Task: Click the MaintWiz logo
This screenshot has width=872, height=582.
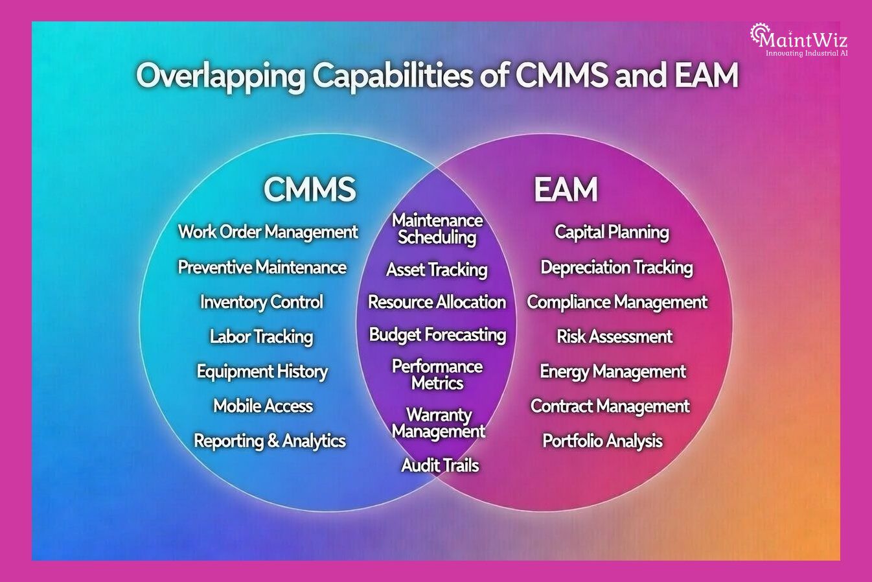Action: click(799, 40)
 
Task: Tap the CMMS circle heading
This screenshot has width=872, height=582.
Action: click(309, 189)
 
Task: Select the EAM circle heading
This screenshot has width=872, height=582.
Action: click(566, 189)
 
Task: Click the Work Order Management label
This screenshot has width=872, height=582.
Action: click(268, 232)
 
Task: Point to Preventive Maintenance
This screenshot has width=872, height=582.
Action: click(262, 267)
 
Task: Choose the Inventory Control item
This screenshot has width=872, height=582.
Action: click(261, 302)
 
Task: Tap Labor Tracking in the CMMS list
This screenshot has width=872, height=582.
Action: click(261, 336)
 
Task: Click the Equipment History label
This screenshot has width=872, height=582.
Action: click(262, 371)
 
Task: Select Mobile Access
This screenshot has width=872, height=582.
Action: click(263, 406)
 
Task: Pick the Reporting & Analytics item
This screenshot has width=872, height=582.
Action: click(270, 441)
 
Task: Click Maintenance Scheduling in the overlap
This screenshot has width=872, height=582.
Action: click(437, 229)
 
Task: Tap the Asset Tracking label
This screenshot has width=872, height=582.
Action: click(437, 270)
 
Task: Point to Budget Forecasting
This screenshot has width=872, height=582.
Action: click(437, 334)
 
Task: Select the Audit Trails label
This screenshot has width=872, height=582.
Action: click(440, 465)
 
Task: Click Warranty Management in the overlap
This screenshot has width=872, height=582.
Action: click(439, 423)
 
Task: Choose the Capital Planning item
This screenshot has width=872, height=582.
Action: click(612, 232)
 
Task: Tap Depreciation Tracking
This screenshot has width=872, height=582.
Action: click(616, 267)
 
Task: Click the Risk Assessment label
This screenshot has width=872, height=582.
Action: click(614, 336)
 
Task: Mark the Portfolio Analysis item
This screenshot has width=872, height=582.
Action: click(602, 441)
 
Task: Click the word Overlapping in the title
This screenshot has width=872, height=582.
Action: click(220, 76)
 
